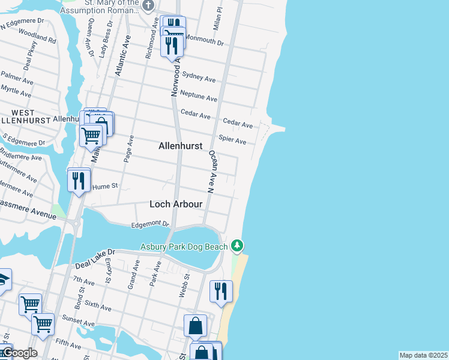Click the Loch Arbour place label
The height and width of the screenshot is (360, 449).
(176, 205)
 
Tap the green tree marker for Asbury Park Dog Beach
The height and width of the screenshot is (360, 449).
(238, 245)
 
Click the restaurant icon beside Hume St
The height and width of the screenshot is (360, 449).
(79, 179)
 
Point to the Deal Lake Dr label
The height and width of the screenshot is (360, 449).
(94, 259)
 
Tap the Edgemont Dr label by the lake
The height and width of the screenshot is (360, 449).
(150, 224)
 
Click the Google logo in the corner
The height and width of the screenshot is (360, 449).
(19, 353)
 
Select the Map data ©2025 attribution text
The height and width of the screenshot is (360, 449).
(423, 355)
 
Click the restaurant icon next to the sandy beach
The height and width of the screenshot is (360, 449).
(221, 291)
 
